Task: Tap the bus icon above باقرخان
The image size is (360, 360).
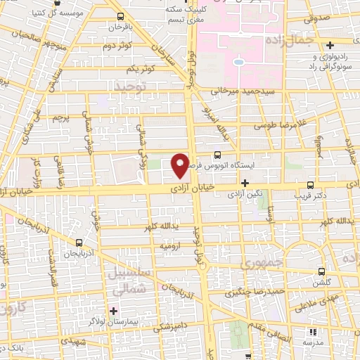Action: [x=120, y=16]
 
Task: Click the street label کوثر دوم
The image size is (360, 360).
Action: [x=119, y=46]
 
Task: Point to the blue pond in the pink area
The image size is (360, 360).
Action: [x=238, y=62]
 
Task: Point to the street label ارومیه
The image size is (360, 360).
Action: [x=173, y=247]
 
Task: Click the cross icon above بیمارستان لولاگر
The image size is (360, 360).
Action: [x=112, y=310]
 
